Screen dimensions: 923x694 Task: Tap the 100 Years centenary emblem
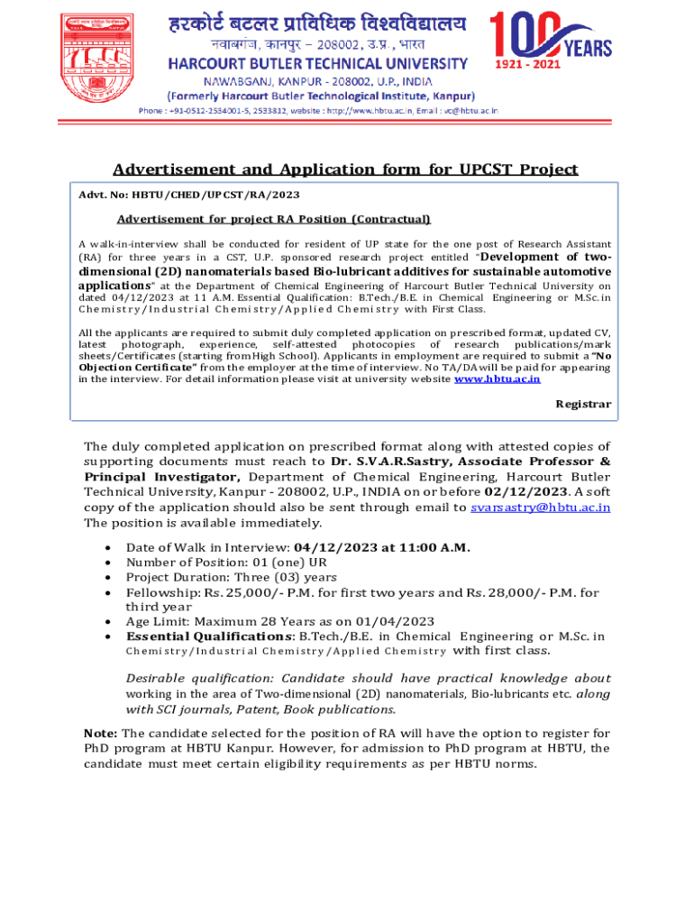pyautogui.click(x=549, y=42)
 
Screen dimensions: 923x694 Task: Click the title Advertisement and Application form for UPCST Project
pyautogui.click(x=345, y=169)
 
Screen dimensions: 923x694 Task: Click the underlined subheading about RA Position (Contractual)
pyautogui.click(x=274, y=219)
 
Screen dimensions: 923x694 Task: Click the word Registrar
pyautogui.click(x=583, y=405)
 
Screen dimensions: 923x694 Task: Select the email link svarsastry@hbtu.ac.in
pyautogui.click(x=540, y=507)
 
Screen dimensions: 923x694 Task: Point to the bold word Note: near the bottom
pyautogui.click(x=100, y=733)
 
